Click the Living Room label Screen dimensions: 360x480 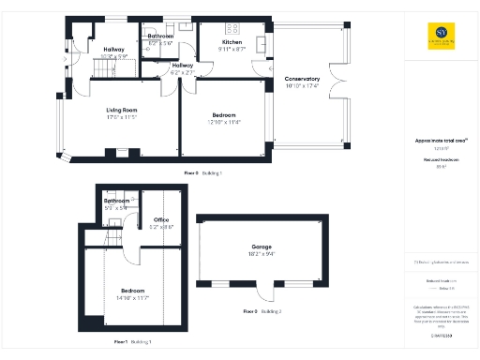(121, 110)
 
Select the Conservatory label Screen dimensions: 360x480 (302, 79)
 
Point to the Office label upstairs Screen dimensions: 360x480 (162, 220)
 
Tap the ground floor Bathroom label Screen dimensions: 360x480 (161, 37)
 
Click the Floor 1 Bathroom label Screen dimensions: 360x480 (116, 201)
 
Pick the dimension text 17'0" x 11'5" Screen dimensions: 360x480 (121, 117)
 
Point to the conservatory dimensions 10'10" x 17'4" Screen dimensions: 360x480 (302, 86)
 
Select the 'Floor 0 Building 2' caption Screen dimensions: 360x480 (262, 310)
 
